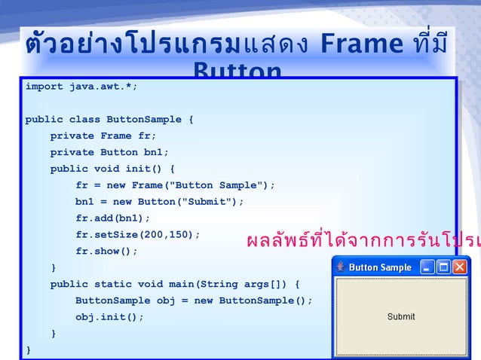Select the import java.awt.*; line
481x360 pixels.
point(81,87)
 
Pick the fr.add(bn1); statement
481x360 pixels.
point(113,218)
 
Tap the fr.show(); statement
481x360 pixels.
point(106,252)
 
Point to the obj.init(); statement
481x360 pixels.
point(109,317)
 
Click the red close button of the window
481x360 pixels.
point(459,267)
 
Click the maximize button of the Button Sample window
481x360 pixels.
point(443,267)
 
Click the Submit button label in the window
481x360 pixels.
point(400,317)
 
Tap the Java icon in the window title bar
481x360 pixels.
point(341,267)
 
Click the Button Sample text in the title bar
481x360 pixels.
point(380,267)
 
